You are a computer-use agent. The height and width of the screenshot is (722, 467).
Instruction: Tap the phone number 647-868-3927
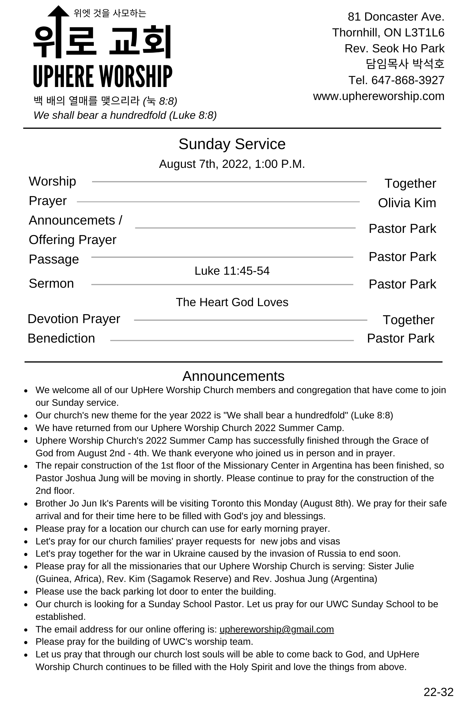(407, 80)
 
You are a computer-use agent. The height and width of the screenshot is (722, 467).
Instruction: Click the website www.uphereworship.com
(379, 96)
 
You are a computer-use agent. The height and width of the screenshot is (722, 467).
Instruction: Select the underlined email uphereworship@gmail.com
(276, 629)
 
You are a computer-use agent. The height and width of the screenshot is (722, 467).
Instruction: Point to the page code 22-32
(438, 692)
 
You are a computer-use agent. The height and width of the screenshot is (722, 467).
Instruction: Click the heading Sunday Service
(232, 144)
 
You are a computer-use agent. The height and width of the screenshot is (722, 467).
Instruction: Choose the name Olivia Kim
(407, 203)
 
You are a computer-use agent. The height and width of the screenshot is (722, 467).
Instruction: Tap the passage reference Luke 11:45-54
(232, 271)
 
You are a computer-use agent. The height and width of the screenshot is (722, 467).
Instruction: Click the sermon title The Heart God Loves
(232, 302)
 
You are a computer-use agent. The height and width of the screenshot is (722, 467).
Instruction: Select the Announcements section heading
(233, 376)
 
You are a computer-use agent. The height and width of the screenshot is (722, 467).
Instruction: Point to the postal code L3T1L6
(424, 32)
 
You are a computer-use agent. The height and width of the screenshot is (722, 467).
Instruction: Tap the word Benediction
(61, 338)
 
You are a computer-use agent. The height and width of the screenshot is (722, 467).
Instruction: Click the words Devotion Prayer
(74, 319)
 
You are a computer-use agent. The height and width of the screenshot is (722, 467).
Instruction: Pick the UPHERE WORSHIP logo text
(102, 76)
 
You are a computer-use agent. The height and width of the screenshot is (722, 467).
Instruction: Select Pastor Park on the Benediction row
(401, 338)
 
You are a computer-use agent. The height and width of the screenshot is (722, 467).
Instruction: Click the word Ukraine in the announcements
(189, 553)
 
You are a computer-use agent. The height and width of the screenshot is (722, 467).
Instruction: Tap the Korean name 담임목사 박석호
(405, 64)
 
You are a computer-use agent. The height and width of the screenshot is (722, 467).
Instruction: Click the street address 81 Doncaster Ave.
(396, 17)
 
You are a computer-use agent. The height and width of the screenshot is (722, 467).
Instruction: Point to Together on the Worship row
(410, 183)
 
